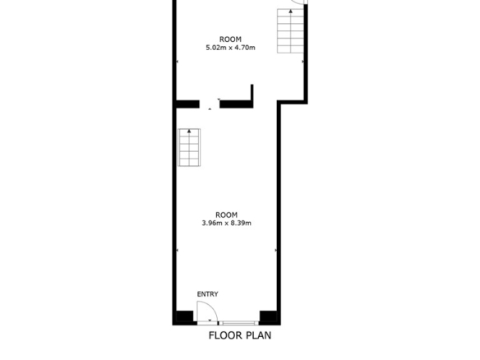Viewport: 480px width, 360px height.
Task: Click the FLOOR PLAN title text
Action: (240, 335)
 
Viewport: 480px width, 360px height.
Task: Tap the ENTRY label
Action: (208, 294)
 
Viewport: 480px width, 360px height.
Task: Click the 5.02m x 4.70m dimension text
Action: (230, 48)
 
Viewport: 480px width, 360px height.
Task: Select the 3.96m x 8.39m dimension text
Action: (227, 223)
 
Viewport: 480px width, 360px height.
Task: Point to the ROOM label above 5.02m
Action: (230, 39)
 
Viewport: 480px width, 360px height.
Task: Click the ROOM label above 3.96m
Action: (227, 215)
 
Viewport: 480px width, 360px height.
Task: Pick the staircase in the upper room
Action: (290, 31)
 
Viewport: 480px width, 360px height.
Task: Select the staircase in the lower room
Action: (189, 148)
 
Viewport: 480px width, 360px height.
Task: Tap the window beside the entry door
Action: (238, 323)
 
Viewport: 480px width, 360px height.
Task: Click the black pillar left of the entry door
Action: (185, 316)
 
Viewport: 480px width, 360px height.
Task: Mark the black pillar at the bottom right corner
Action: (268, 316)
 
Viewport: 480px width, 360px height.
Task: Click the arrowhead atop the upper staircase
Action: (290, 12)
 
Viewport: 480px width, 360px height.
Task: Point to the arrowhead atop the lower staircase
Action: (189, 131)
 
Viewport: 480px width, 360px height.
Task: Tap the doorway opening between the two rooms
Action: (210, 104)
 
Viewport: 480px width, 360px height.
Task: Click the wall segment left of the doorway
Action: (188, 104)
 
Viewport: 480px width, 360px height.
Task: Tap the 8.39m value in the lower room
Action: (241, 223)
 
